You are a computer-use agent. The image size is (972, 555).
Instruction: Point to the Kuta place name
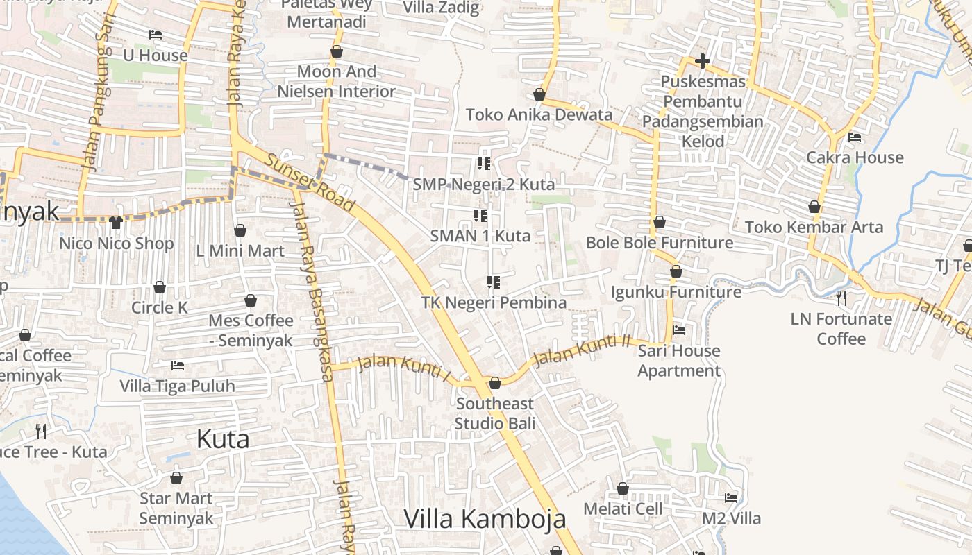pos(222,439)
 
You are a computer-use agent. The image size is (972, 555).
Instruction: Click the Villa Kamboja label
pos(485,519)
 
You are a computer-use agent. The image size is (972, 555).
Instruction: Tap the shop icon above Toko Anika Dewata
pos(539,94)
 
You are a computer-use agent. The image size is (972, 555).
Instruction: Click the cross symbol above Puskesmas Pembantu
pos(703,61)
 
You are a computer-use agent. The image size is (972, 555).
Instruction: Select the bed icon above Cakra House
pos(855,137)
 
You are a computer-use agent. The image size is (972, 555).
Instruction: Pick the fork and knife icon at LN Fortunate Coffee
pos(841,298)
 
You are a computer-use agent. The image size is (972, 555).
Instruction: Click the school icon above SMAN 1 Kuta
pos(480,216)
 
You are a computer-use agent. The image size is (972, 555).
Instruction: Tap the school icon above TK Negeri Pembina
pos(494,282)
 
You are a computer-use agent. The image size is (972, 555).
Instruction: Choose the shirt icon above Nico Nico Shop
pos(116,223)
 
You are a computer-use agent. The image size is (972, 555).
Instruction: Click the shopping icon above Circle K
pos(160,287)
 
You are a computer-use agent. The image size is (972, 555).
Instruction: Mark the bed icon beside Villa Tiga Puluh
pos(178,365)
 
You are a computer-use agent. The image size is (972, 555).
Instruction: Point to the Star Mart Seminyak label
pos(176,508)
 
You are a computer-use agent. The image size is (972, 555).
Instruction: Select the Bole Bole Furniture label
pos(660,243)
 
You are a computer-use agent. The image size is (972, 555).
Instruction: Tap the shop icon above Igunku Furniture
pos(676,271)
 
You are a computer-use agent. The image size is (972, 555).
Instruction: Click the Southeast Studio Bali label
pos(495,413)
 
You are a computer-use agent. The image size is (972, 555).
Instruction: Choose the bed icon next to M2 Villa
pos(731,497)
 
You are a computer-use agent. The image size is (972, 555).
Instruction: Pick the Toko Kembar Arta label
pos(814,227)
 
